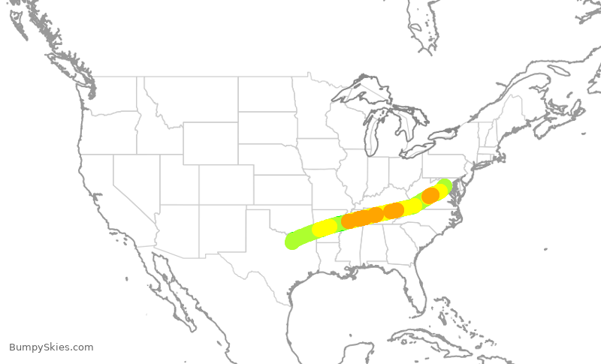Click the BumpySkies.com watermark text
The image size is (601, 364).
[51, 347]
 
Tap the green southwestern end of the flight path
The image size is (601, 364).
[294, 241]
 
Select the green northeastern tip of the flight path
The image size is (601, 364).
[444, 185]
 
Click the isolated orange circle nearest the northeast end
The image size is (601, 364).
[430, 195]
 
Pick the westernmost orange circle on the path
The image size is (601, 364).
[349, 221]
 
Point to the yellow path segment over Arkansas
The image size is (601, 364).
[325, 227]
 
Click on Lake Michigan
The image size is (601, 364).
[373, 135]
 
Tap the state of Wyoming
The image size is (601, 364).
[210, 143]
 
